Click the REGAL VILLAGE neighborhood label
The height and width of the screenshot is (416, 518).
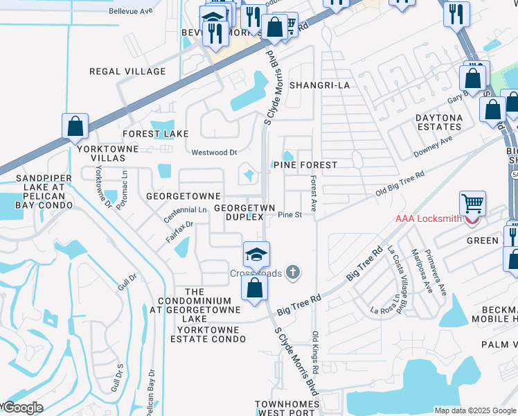[127, 71]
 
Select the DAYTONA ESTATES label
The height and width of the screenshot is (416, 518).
[438, 123]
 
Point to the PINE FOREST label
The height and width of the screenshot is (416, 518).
[305, 165]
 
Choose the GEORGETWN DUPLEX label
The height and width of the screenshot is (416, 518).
[239, 213]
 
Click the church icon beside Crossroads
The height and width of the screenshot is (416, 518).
[293, 272]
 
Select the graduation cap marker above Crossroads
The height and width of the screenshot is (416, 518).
[256, 254]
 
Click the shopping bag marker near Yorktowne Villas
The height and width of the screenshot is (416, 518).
[75, 127]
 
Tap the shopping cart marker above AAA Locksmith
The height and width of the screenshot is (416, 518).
[472, 203]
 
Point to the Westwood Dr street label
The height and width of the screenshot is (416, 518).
[214, 153]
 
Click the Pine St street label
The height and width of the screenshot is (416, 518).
[290, 215]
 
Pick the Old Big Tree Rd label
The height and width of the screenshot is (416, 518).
[399, 184]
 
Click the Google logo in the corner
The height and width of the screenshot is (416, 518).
[22, 408]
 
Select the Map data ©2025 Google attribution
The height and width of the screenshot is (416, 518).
[474, 410]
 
